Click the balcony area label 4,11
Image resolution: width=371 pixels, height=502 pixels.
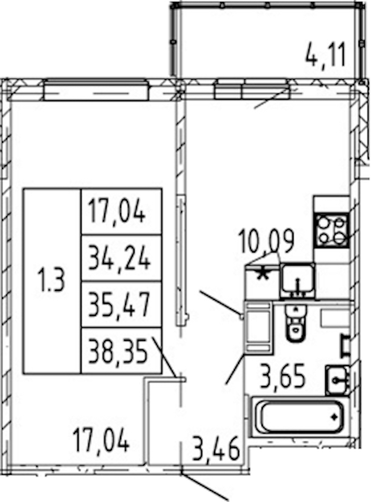click(x=326, y=56)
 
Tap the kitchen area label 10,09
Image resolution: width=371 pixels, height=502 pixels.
click(x=266, y=241)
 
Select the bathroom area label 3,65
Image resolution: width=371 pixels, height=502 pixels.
click(x=283, y=376)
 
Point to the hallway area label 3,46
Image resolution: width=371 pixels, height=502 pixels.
click(x=216, y=448)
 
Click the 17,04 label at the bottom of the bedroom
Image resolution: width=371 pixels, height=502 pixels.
click(x=101, y=440)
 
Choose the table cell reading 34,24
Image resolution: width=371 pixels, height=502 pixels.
click(x=119, y=259)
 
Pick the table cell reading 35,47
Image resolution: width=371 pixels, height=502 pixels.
click(x=119, y=305)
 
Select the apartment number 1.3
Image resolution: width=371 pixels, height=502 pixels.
click(x=51, y=280)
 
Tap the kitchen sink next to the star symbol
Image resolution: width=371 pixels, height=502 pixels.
click(x=297, y=280)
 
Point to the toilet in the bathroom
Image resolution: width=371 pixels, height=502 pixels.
click(x=296, y=322)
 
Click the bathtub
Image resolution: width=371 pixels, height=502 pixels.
click(x=298, y=417)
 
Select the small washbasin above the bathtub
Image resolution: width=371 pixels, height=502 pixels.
click(x=336, y=380)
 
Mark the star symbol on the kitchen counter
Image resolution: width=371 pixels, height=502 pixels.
click(x=263, y=274)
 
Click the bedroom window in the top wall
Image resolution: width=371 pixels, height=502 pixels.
click(x=96, y=90)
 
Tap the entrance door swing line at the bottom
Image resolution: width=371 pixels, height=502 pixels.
click(x=205, y=487)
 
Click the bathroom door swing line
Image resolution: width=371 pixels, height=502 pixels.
click(x=236, y=369)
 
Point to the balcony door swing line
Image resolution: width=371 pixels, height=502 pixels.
click(x=271, y=99)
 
